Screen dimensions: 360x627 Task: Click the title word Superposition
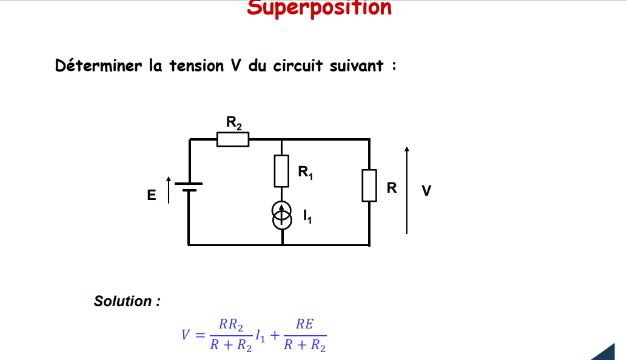coord(320,8)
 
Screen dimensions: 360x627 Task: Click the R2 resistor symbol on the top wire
coord(233,139)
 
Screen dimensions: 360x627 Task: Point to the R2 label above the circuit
coord(233,122)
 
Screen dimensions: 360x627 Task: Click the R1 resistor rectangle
coord(281,171)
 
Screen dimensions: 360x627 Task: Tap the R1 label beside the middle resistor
coord(305,173)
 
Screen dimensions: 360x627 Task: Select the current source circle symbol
coord(281,216)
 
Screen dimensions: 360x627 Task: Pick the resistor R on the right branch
coord(369,185)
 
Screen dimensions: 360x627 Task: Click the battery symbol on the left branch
coord(189,187)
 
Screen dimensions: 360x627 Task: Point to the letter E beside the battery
coord(152,195)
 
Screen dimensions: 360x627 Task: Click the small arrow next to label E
coord(168,190)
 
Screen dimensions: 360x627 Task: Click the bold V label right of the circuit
coord(426,191)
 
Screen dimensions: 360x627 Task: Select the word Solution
coord(127,301)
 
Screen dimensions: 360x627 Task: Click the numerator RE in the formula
coord(304,324)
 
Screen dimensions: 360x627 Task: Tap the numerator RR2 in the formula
coord(231,325)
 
